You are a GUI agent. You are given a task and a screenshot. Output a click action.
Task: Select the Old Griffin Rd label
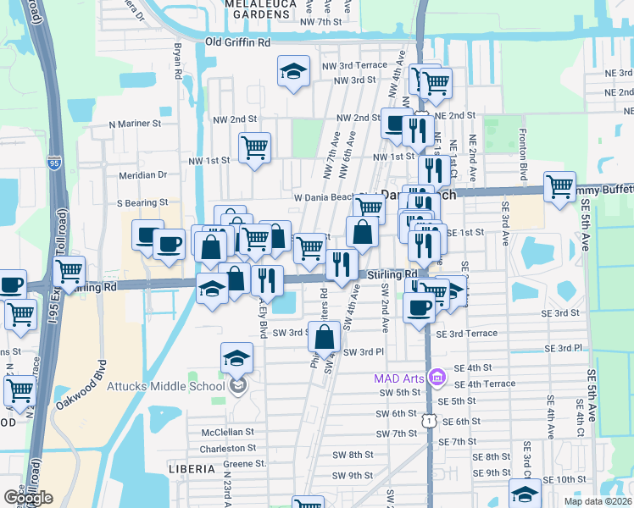click(x=237, y=41)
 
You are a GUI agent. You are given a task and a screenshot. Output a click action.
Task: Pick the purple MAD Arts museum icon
click(x=437, y=376)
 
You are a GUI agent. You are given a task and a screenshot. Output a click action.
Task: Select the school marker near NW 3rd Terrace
click(x=293, y=72)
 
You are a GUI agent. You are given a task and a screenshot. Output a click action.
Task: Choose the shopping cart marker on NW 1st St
click(x=254, y=148)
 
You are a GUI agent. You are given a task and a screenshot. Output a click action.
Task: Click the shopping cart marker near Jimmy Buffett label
click(x=559, y=187)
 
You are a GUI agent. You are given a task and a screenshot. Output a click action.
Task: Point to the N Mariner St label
click(x=136, y=124)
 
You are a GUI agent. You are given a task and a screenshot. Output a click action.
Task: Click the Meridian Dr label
click(x=142, y=174)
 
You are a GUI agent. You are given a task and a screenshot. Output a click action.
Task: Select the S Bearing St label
click(x=142, y=203)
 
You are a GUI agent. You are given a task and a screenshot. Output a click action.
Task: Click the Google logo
click(x=28, y=498)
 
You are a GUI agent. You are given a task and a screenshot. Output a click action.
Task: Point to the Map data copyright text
click(x=598, y=501)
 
